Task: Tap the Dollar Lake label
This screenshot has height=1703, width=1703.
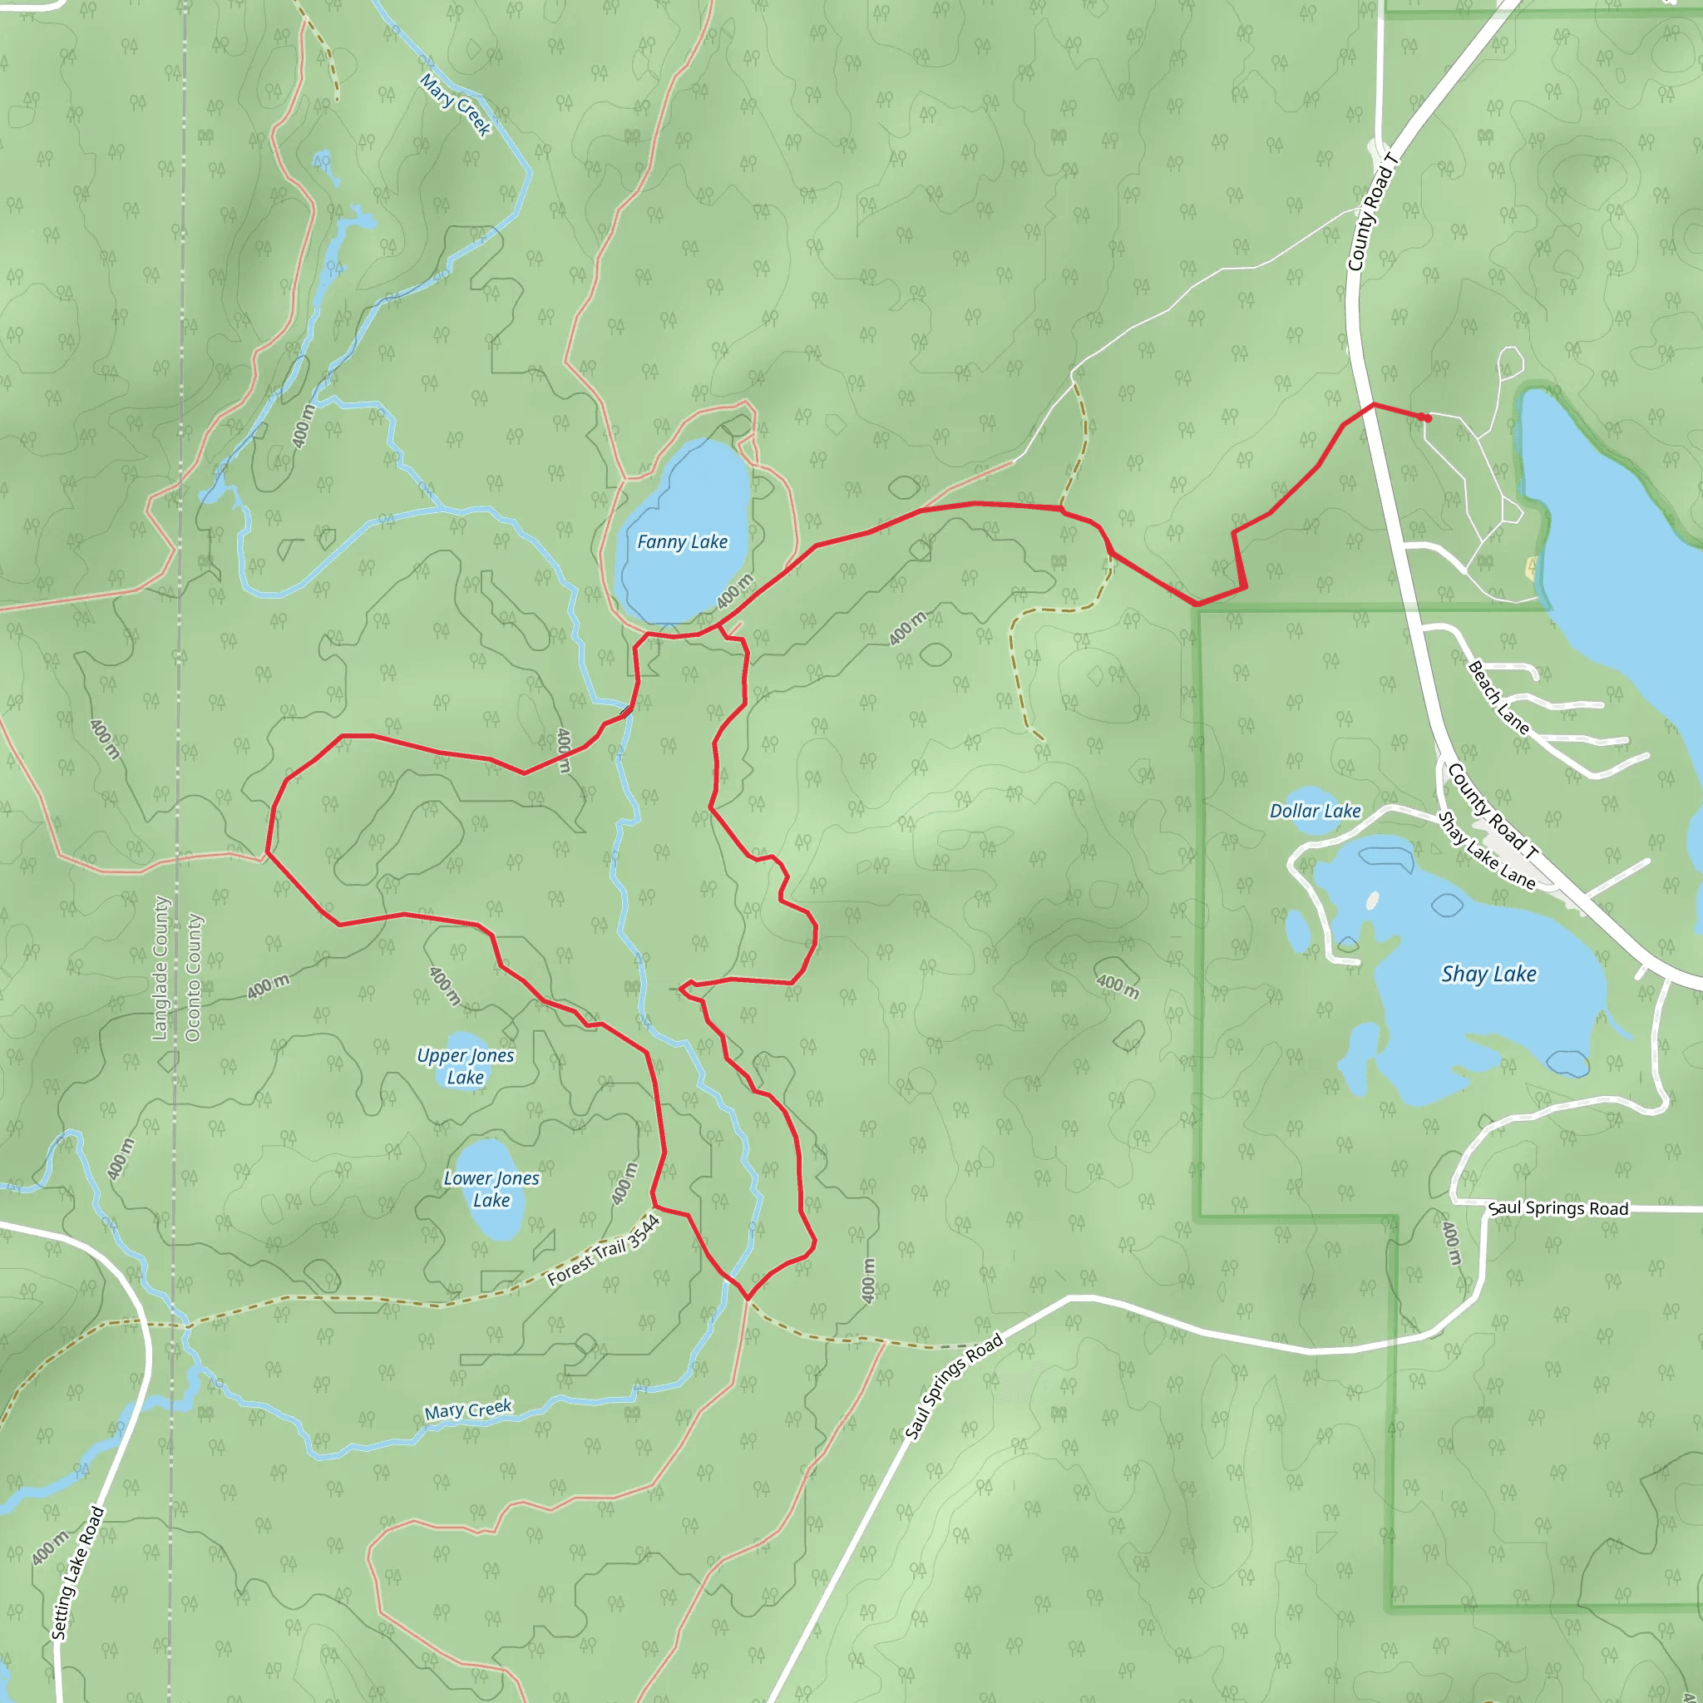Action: point(1316,811)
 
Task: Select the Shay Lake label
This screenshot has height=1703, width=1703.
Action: point(1488,974)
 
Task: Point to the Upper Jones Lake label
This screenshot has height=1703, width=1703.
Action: point(466,1066)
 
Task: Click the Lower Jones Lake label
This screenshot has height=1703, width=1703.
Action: point(491,1188)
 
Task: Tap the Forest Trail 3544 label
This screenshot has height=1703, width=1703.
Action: point(604,1251)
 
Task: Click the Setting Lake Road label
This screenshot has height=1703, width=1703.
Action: point(78,1573)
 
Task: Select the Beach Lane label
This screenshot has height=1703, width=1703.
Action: point(1498,696)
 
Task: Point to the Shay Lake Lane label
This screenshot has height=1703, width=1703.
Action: point(1486,851)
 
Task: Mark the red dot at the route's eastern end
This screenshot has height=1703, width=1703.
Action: point(1426,417)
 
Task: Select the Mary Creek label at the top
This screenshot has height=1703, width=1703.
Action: point(455,105)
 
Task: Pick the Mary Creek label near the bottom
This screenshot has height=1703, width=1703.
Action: point(468,1409)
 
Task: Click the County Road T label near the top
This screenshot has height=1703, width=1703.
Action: point(1372,212)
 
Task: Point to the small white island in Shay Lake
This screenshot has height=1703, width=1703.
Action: point(1372,901)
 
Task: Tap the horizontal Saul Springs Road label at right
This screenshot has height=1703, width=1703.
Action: point(1558,1208)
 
